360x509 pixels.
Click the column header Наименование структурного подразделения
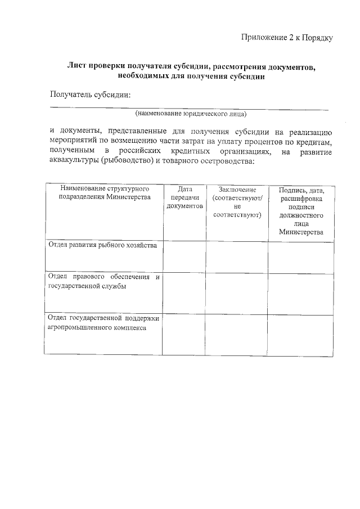pos(104,194)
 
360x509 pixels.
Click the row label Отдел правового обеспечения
pos(104,281)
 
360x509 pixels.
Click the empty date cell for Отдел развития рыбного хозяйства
pos(184,256)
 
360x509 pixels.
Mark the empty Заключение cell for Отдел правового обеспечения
pos(237,292)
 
